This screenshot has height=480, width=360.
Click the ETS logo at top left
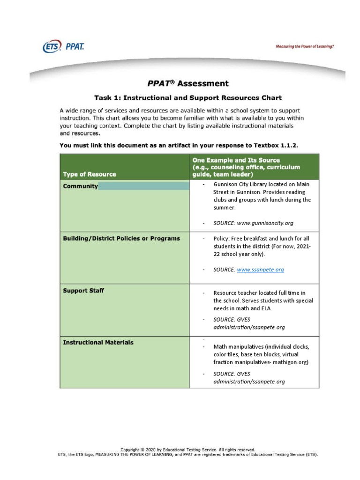point(52,46)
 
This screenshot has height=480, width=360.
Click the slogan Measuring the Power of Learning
point(305,47)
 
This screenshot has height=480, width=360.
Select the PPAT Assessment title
point(188,84)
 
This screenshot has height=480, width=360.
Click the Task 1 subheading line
point(188,98)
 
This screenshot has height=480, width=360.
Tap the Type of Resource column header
point(90,174)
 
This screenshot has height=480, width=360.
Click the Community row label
point(81,186)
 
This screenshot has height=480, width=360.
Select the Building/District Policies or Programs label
point(121,239)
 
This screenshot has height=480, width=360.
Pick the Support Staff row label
point(83,291)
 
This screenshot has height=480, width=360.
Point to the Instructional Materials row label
point(98,343)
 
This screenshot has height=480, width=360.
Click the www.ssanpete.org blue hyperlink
point(260,270)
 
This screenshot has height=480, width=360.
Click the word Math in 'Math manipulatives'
point(220,347)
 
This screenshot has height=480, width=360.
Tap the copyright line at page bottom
point(188,449)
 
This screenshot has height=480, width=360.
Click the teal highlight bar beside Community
point(143,187)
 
